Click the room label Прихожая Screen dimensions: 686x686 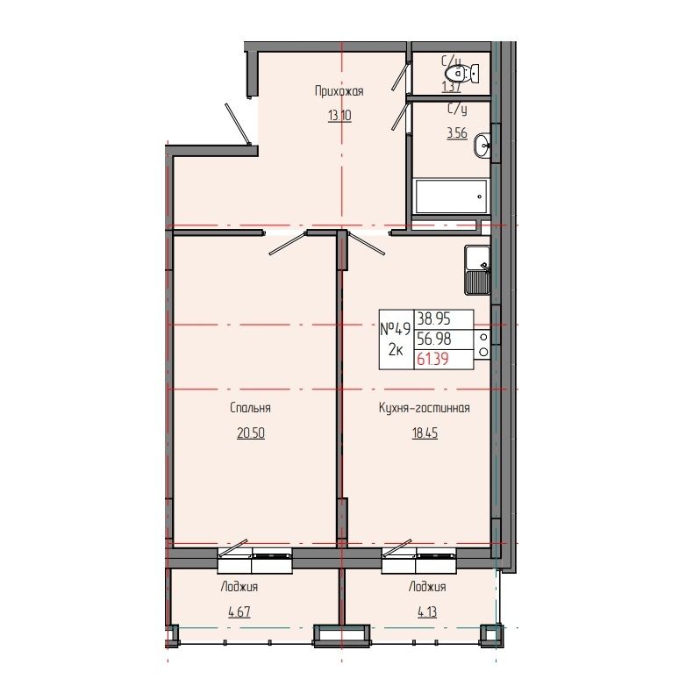(339, 90)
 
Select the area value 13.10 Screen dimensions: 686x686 (339, 115)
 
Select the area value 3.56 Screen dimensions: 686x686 (456, 133)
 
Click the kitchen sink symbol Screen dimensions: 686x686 (477, 269)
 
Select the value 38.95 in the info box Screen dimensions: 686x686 (434, 320)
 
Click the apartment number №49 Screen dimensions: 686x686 (396, 330)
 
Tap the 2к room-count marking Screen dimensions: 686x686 (396, 351)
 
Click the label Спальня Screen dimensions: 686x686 (250, 408)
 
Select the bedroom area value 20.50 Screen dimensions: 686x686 (250, 433)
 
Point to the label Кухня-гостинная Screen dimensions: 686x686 (425, 408)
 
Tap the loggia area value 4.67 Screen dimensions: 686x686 (239, 612)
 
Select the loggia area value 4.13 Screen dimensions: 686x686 (426, 612)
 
